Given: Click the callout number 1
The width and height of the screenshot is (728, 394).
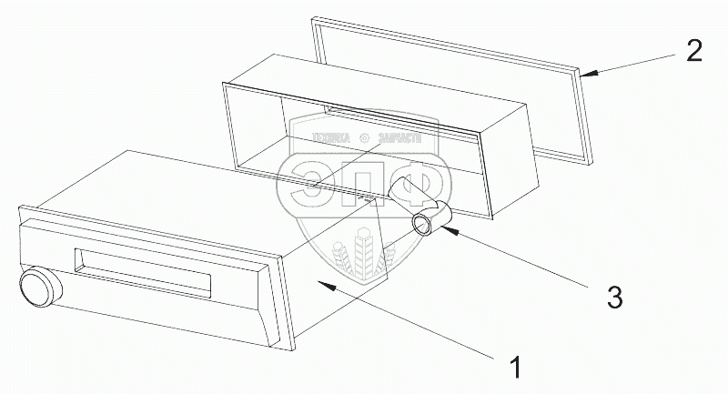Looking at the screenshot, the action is pos(515,368).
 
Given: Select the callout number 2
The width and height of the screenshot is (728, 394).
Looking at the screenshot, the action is pos(693,50).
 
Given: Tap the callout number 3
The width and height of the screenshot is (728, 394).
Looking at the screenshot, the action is pos(614,296).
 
